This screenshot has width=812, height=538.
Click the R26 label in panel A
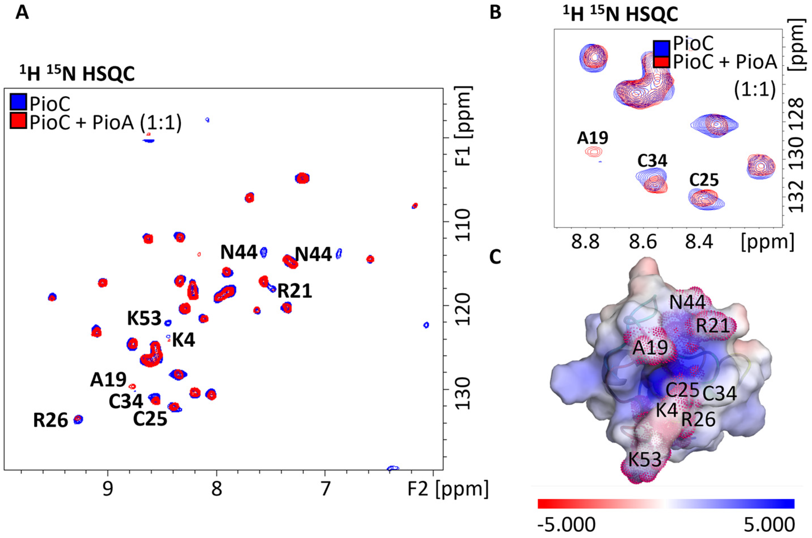50,421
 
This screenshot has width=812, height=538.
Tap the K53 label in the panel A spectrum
144,318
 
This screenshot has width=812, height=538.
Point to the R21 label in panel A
294,291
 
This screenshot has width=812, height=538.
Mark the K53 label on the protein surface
645,459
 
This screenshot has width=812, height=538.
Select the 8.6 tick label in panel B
643,242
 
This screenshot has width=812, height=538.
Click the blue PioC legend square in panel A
18,103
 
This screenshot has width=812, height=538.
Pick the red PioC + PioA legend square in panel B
661,62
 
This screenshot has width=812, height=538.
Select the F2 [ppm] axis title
448,489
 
